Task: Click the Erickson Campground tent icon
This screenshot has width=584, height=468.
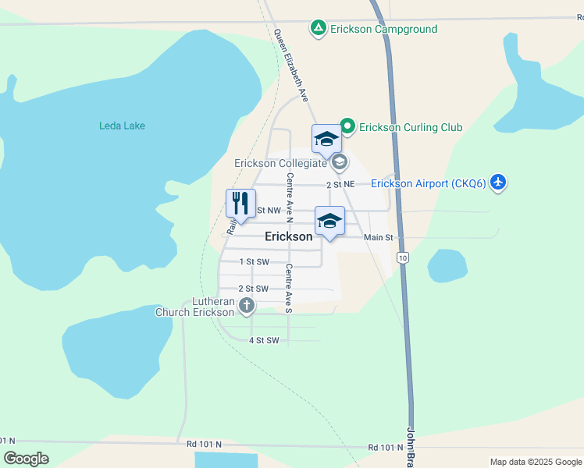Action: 318,29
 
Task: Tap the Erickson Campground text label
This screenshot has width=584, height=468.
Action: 383,29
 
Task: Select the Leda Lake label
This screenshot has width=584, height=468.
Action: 122,126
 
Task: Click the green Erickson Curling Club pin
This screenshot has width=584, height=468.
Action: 347,126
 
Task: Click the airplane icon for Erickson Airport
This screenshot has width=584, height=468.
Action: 498,183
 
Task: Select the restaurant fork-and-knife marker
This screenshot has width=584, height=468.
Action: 241,203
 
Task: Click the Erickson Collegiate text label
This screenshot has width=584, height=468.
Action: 281,164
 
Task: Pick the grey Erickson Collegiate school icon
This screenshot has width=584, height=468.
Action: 339,163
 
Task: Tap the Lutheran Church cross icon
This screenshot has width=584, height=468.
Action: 247,305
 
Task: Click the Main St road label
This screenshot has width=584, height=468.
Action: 378,237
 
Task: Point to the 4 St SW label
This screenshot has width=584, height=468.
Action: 264,340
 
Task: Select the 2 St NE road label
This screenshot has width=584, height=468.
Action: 340,185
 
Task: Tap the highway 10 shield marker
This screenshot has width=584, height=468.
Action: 402,257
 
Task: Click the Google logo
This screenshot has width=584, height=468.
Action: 27,459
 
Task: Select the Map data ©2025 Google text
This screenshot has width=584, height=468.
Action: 535,462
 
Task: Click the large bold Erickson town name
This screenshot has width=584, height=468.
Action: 289,236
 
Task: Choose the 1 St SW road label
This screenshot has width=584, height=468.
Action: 254,262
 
